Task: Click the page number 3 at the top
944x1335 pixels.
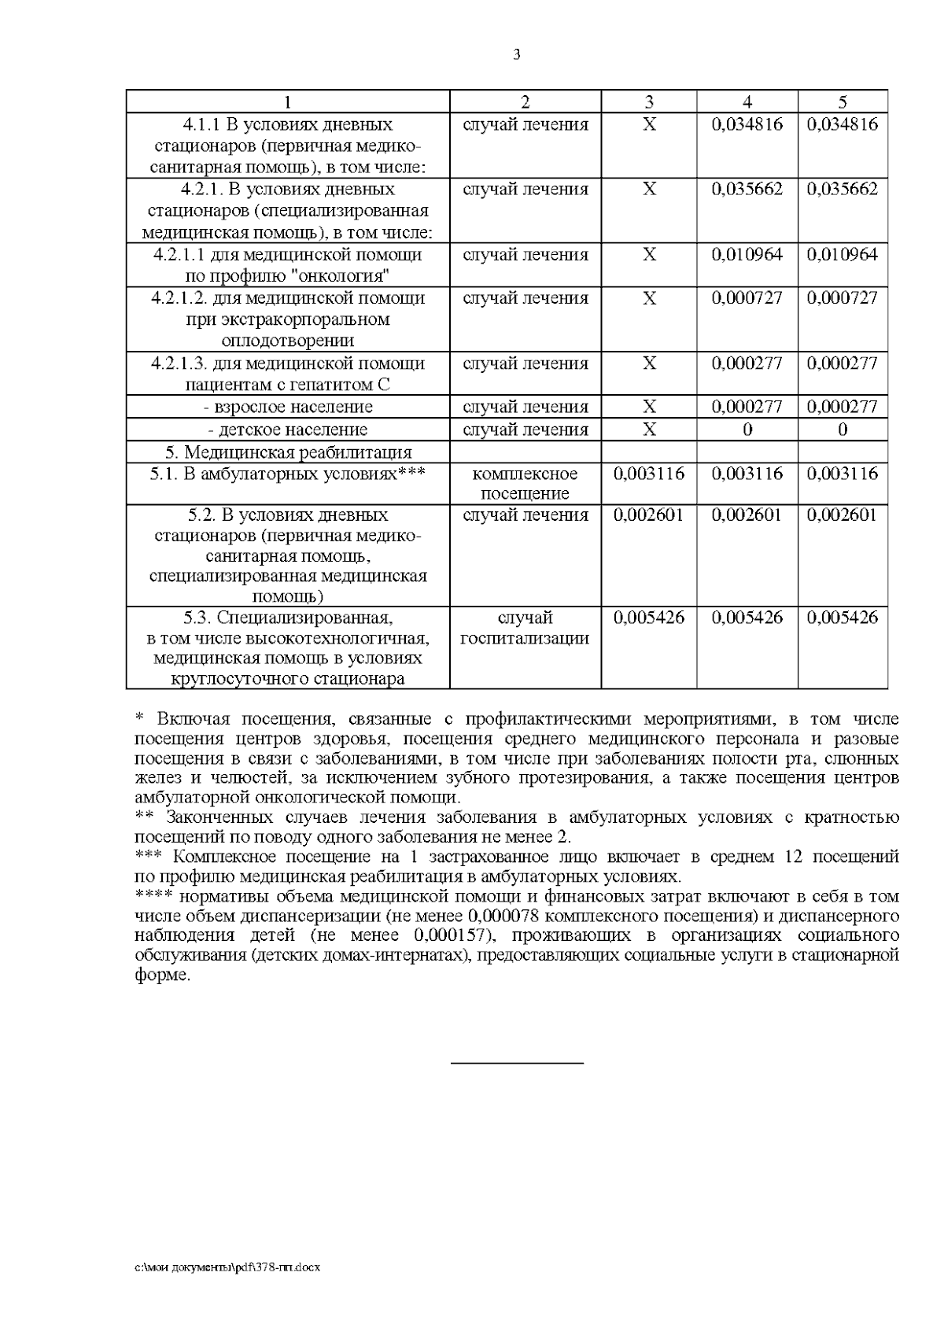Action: pos(516,55)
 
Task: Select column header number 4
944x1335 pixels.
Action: pos(747,101)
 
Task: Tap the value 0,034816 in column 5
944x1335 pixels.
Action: pos(843,124)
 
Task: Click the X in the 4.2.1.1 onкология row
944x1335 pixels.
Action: pos(649,254)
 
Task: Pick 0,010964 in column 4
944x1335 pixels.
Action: pos(747,254)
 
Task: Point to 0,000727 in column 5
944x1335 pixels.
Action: pos(843,297)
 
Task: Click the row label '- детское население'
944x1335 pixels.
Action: pos(288,430)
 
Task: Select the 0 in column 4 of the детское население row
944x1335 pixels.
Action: pos(747,430)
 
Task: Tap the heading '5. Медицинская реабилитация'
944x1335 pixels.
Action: pos(288,452)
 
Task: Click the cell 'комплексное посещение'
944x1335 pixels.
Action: pos(525,483)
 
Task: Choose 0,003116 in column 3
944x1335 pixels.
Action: pos(648,474)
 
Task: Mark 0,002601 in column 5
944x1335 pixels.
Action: pos(843,515)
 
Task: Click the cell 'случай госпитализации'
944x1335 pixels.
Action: pos(525,627)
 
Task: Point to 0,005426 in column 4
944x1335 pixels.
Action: pos(747,618)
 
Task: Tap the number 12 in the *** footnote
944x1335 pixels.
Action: pos(794,857)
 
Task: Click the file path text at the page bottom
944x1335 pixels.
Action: pos(227,1267)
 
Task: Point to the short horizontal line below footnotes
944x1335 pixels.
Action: pos(517,1064)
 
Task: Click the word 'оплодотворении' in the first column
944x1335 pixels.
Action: pos(288,341)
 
